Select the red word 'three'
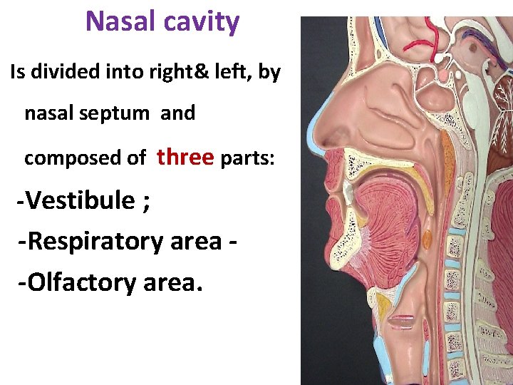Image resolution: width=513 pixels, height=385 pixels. [185, 156]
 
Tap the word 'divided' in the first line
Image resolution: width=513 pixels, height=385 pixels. [72, 72]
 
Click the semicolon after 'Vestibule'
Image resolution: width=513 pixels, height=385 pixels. [146, 202]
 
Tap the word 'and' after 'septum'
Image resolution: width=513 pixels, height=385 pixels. [177, 113]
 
